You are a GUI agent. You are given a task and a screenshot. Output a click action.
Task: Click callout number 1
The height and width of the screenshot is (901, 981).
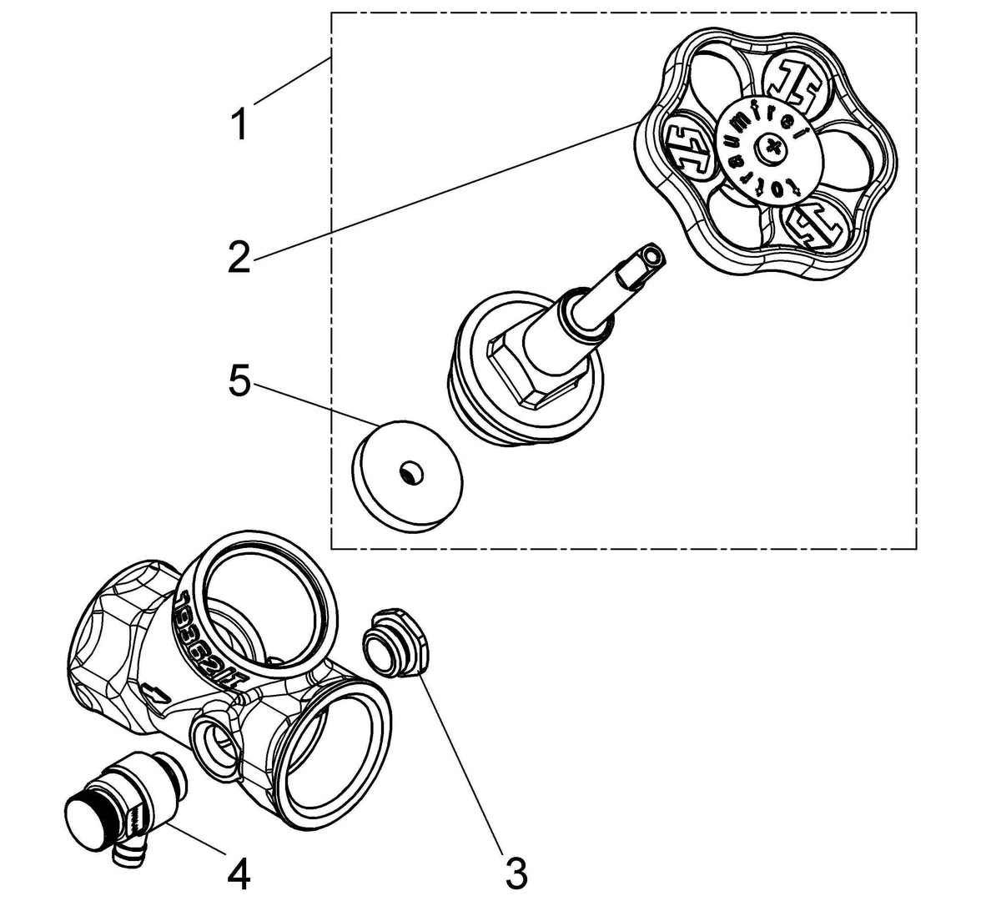tap(239, 125)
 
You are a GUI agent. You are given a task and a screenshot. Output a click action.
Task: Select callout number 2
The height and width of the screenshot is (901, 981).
tap(239, 255)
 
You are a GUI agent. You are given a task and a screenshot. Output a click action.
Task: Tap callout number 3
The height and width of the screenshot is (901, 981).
tap(516, 872)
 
